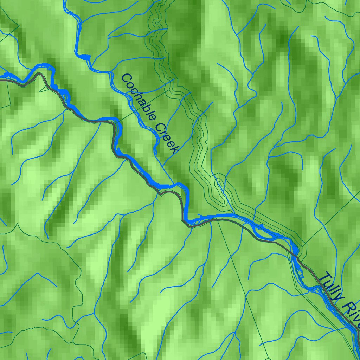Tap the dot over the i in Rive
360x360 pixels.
click(x=356, y=311)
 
